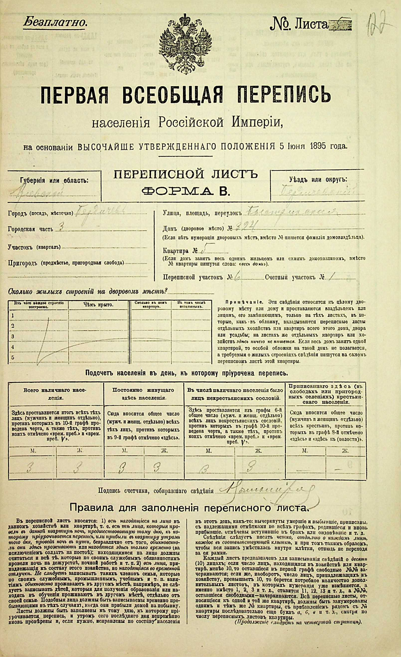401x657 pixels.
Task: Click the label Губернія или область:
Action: pyautogui.click(x=54, y=181)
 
